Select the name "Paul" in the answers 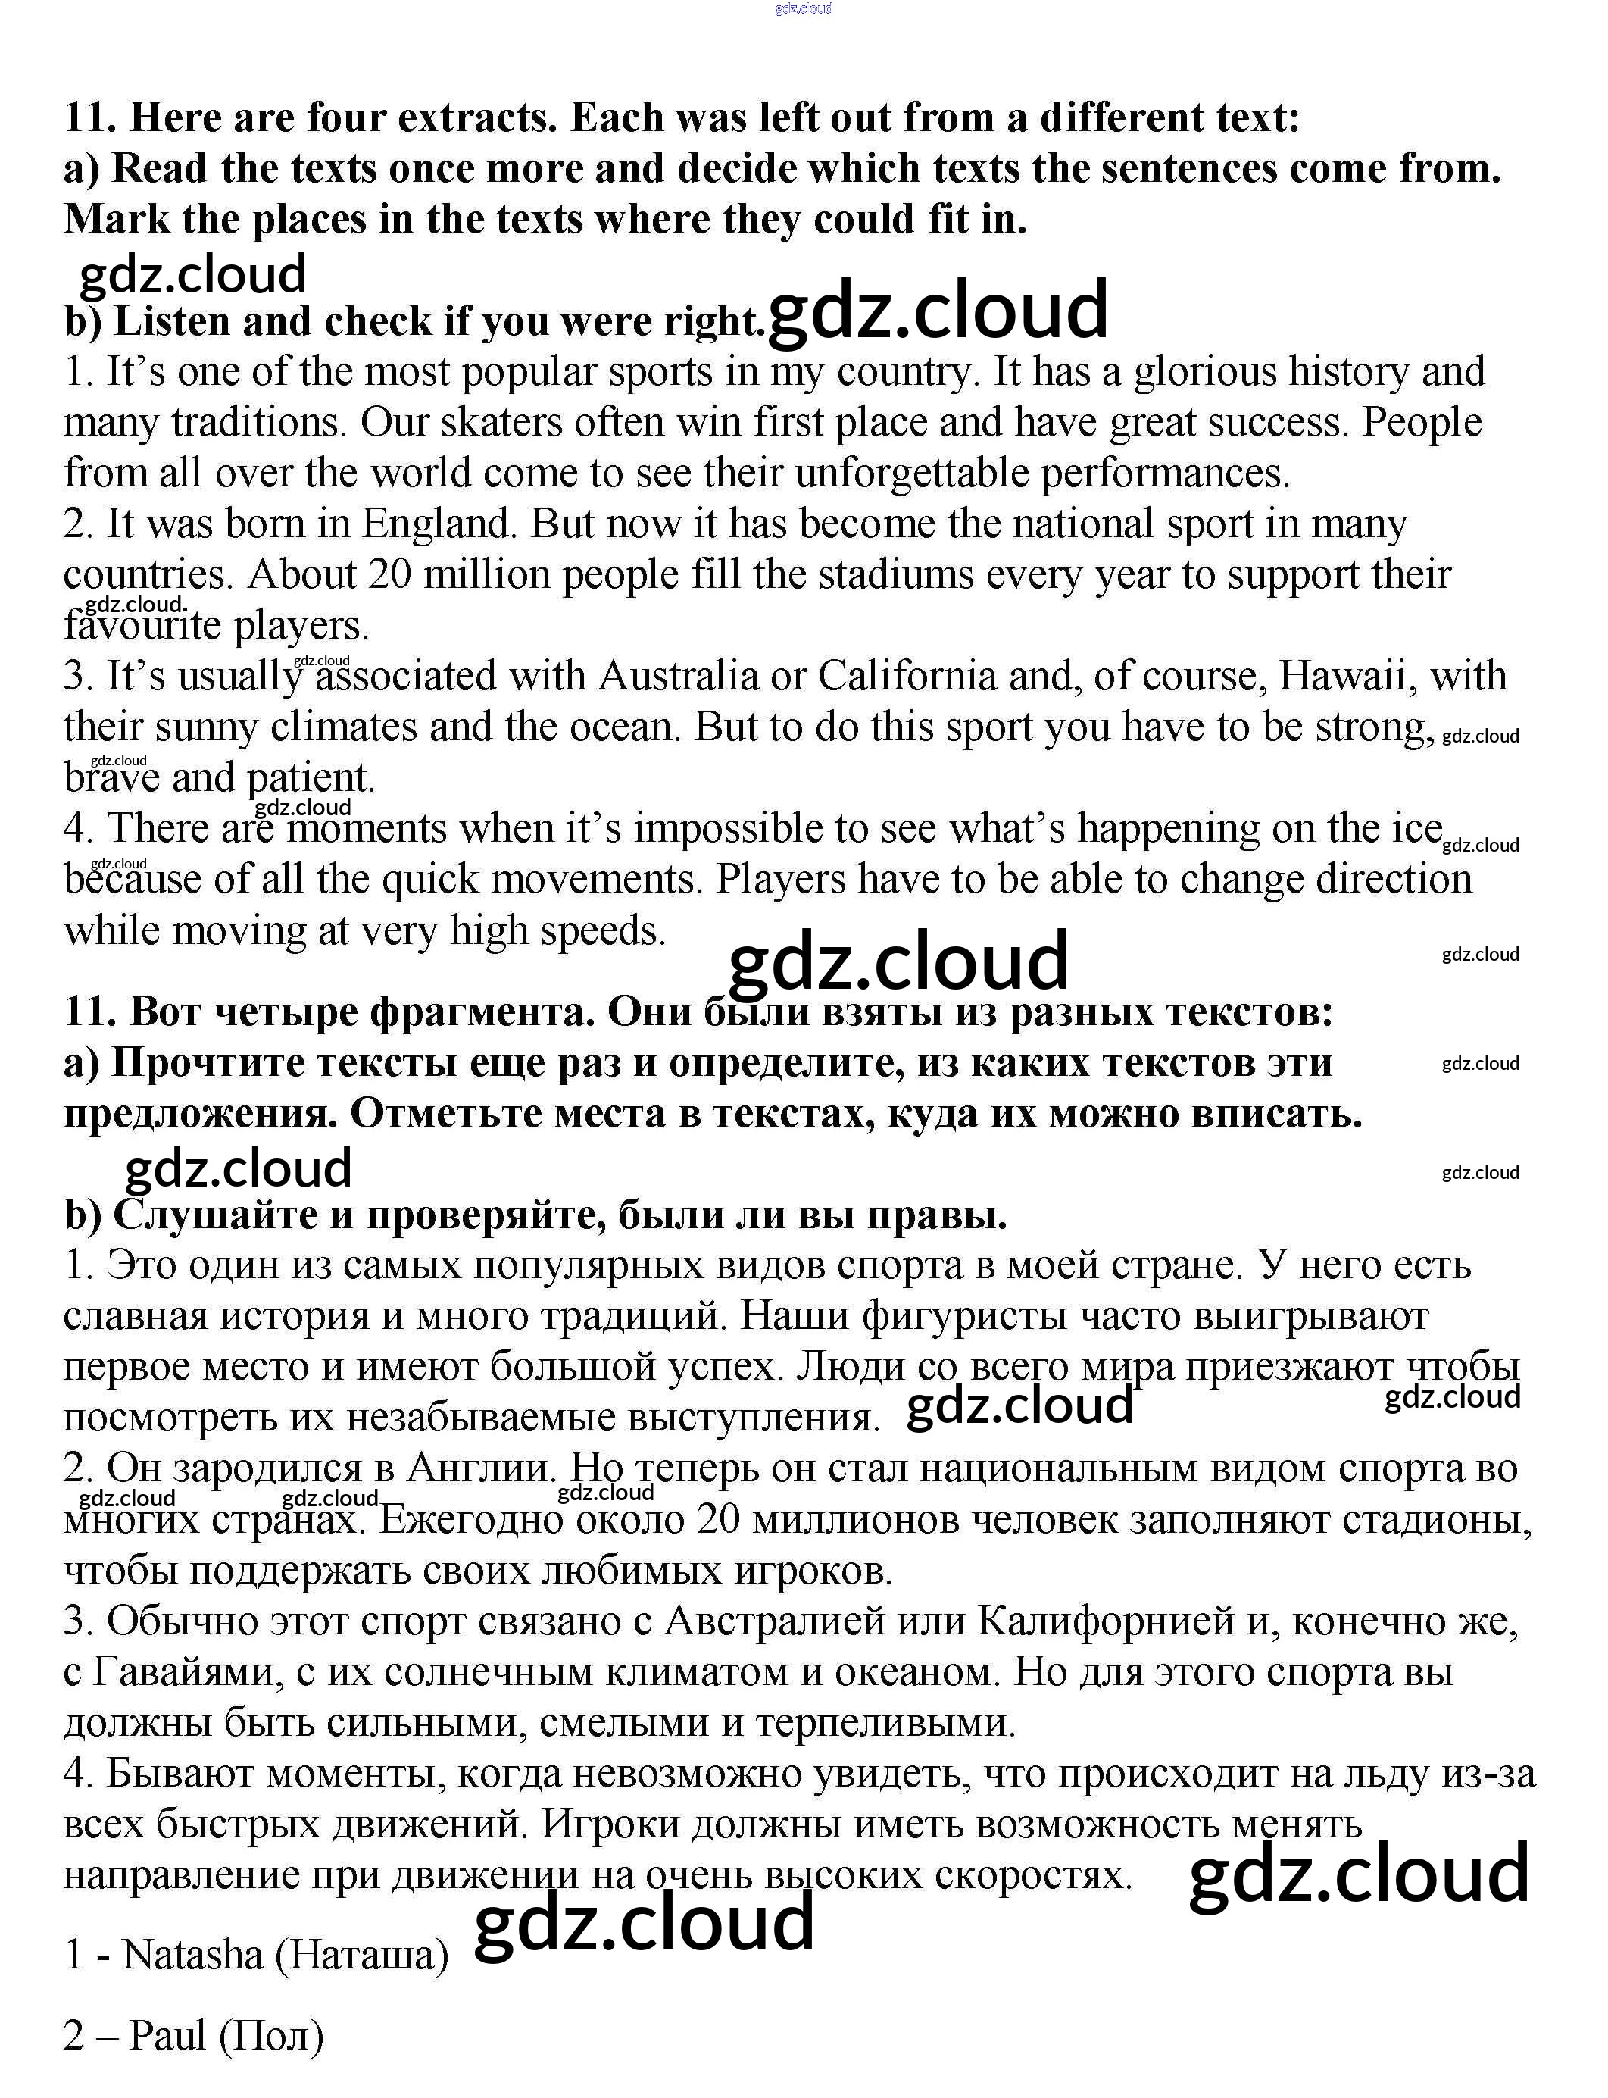tap(167, 2035)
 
